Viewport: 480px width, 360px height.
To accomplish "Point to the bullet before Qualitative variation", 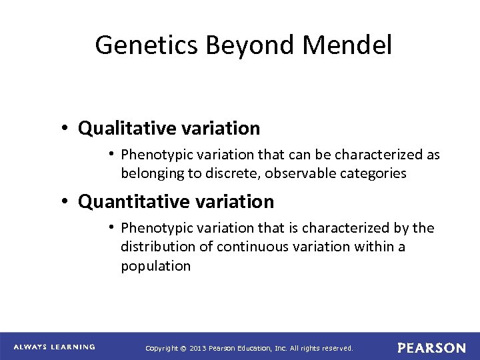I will (69, 127).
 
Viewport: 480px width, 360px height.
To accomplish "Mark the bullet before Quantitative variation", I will (69, 201).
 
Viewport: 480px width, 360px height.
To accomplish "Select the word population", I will (155, 266).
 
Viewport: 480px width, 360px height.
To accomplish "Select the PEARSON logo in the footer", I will (431, 347).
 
